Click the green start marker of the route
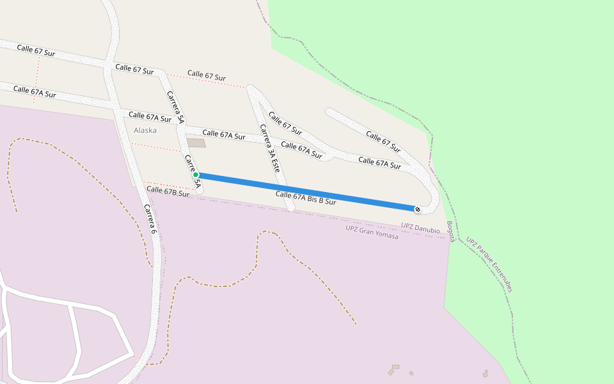[196, 175]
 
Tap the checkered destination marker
[418, 209]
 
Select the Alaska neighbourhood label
[145, 131]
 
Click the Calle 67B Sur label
[168, 191]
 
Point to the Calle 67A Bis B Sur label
[306, 198]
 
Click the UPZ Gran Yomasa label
[372, 232]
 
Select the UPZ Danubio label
[420, 227]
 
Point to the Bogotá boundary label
[450, 232]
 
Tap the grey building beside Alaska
[196, 143]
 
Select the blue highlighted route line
[307, 191]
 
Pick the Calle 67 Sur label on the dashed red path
[207, 76]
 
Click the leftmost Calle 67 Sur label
[36, 51]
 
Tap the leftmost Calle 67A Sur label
[35, 92]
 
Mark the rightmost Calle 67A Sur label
[379, 163]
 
